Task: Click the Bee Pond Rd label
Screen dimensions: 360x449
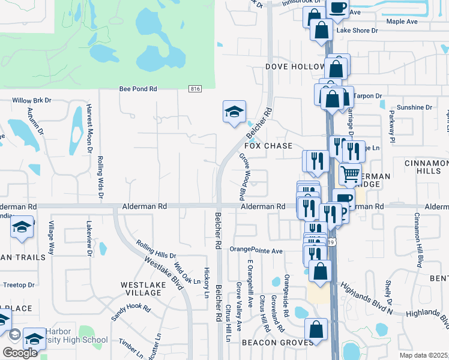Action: (138, 89)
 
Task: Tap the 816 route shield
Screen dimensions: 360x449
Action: (194, 89)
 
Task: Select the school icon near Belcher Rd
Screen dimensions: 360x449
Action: (235, 112)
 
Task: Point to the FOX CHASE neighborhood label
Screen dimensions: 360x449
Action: (268, 146)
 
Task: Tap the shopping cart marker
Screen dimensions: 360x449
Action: (350, 174)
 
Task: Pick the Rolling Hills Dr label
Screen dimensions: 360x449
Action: (156, 250)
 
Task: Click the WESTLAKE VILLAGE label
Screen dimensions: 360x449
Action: (142, 290)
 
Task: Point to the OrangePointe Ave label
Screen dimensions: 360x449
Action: (256, 250)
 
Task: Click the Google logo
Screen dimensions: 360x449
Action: (20, 352)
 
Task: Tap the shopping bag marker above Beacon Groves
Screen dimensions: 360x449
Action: (316, 329)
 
